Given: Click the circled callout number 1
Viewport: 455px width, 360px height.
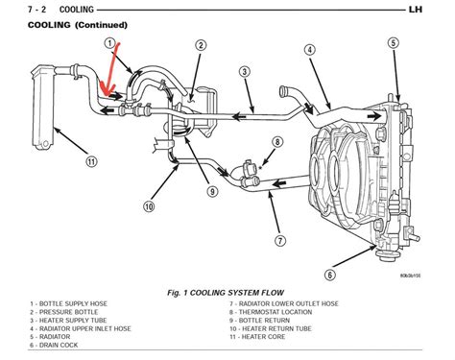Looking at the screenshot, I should tap(110, 44).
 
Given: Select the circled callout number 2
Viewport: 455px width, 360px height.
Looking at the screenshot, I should tap(201, 45).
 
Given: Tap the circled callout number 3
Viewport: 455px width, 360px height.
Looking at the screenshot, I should tap(246, 70).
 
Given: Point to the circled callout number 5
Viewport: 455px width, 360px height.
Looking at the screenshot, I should tap(392, 41).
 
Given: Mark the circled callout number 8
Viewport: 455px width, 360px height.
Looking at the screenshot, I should tap(276, 142).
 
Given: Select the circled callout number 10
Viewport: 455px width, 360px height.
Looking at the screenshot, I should tap(150, 205).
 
